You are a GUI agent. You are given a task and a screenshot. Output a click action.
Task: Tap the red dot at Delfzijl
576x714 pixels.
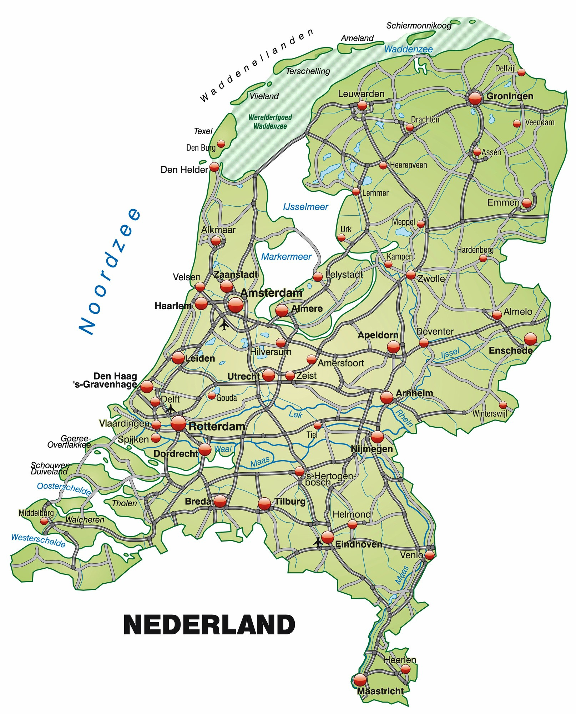point(521,72)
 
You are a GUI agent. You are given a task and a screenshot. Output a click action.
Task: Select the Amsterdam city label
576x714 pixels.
point(271,293)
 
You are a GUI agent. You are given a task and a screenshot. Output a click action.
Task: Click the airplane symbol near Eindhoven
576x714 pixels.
point(317,542)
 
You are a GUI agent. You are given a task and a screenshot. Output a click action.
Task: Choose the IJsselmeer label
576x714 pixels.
point(305,207)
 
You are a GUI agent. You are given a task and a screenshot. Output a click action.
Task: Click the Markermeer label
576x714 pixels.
point(286,256)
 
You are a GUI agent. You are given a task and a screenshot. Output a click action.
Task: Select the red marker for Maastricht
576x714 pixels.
point(360,680)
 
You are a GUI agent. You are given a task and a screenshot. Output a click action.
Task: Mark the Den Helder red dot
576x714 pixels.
point(214,167)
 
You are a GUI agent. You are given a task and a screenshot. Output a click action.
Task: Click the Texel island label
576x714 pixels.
point(203,131)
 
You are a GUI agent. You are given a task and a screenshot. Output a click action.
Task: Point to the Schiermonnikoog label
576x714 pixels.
point(419,26)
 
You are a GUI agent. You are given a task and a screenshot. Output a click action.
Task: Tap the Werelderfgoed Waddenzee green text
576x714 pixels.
point(270,122)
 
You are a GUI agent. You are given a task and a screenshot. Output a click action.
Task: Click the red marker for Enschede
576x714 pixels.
point(530,338)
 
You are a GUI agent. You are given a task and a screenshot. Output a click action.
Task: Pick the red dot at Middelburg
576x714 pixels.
point(44,521)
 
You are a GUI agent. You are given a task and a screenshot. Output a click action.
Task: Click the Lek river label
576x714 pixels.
point(295,414)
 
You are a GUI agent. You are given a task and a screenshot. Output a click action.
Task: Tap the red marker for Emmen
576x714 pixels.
point(527,203)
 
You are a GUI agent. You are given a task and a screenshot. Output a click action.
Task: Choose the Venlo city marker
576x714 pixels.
point(430,555)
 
